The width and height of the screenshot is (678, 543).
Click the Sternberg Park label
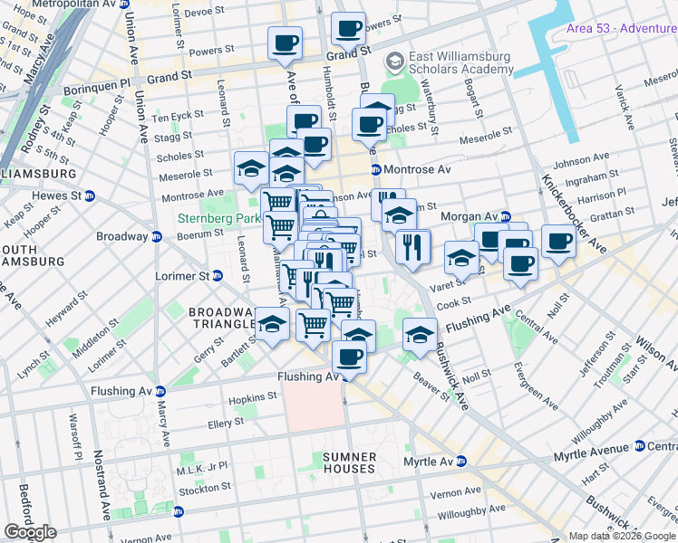tap(216, 218)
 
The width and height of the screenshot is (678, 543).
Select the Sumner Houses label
tap(348, 462)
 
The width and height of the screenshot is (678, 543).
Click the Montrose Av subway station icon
tap(374, 169)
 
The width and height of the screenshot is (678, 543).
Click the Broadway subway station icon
tap(156, 237)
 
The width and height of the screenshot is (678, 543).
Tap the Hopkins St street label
tap(253, 397)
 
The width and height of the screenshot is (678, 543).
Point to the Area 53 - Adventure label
tap(620, 28)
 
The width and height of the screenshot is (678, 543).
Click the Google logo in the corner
tap(30, 532)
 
